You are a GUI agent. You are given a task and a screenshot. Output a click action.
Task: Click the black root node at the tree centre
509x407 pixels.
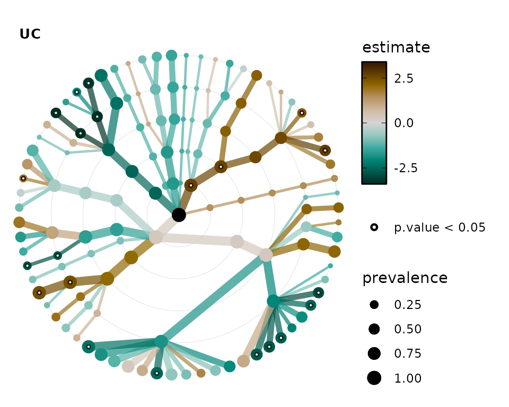179,215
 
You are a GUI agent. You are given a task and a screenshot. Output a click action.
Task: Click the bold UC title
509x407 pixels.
30,34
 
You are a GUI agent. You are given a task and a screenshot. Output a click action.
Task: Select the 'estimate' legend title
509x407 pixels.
396,47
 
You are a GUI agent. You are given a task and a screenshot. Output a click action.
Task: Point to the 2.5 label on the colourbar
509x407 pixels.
403,78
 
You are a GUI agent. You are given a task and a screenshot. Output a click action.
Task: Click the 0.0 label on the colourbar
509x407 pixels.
403,123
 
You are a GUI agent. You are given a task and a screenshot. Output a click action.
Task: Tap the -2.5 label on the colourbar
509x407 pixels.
406,168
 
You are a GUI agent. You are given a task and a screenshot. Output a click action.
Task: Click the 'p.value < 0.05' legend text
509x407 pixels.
440,227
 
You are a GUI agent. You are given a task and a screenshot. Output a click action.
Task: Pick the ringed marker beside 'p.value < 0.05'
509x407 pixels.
374,227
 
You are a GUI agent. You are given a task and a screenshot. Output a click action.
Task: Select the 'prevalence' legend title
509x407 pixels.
405,278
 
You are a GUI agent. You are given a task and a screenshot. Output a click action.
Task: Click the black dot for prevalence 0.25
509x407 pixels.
374,304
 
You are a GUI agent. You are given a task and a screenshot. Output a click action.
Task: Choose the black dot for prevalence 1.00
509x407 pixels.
374,378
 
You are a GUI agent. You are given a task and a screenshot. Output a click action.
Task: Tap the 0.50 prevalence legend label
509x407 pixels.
408,329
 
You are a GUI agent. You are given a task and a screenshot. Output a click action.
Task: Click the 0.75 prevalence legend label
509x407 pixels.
408,353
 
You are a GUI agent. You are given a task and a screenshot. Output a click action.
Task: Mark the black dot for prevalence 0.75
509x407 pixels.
374,353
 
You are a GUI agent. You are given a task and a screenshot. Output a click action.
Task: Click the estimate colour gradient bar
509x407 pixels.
374,123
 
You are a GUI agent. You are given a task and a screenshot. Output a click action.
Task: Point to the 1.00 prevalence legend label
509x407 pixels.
408,378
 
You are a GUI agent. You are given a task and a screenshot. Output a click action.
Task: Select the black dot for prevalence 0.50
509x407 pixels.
374,329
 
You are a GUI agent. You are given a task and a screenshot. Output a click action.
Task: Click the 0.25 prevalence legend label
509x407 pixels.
408,305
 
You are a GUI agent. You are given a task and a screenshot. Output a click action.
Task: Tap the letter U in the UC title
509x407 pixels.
25,34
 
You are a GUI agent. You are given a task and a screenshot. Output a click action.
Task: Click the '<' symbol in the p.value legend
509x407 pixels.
449,227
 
